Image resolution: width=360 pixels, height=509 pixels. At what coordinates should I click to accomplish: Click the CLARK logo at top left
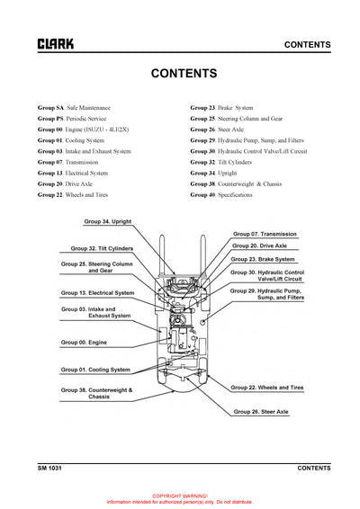click(x=56, y=44)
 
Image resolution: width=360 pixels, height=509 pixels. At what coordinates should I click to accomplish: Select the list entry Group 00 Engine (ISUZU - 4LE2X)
click(x=83, y=129)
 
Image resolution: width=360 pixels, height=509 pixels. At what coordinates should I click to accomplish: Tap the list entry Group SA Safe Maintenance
click(x=75, y=107)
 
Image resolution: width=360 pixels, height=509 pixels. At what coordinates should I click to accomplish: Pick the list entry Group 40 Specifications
click(x=221, y=194)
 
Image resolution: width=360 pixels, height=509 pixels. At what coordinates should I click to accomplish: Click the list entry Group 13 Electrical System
click(x=73, y=173)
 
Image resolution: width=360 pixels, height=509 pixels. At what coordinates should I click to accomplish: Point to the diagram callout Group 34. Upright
click(x=108, y=220)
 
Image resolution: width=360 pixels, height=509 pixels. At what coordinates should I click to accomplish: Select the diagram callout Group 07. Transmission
click(x=265, y=234)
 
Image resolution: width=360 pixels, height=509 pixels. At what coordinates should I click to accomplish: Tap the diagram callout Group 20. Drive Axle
click(x=260, y=246)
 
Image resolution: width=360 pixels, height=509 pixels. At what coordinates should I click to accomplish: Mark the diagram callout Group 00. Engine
click(x=85, y=343)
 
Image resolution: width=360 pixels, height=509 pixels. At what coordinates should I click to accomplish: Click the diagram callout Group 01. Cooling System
click(x=95, y=370)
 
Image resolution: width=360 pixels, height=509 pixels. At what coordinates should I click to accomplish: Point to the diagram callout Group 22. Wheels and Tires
click(x=268, y=388)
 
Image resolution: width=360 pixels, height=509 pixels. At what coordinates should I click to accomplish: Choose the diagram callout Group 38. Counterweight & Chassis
click(x=97, y=394)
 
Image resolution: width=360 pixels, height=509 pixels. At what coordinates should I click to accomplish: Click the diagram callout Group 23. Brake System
click(x=265, y=259)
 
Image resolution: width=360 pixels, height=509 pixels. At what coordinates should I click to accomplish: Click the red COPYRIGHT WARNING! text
click(x=180, y=496)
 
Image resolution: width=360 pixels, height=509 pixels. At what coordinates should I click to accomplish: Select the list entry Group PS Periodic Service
click(x=72, y=118)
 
